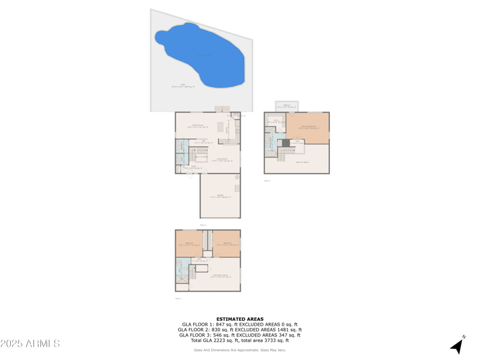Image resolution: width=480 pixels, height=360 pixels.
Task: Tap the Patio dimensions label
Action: pos(183,86)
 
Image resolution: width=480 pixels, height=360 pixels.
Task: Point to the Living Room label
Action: pos(222,160)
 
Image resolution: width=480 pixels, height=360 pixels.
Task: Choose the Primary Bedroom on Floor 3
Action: pos(308,127)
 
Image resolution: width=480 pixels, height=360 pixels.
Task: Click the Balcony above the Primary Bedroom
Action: pos(286,106)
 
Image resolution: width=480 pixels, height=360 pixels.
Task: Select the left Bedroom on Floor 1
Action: pos(189,244)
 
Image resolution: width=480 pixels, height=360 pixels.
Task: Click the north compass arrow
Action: pos(458,345)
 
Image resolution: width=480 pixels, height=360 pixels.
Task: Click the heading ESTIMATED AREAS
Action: pos(240,319)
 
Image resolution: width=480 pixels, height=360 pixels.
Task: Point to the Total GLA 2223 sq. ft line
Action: pos(240,340)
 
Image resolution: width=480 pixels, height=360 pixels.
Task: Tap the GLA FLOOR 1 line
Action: pos(240,325)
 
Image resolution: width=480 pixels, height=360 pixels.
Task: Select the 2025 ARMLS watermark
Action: pos(30,344)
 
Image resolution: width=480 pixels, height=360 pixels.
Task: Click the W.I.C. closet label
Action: pos(276,122)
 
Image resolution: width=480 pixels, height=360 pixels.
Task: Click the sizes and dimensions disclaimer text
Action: pos(240,350)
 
